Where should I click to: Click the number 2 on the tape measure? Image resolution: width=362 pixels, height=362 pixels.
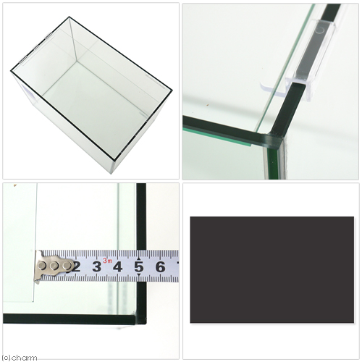(x=77, y=267)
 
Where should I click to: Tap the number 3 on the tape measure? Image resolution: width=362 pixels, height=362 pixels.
(x=97, y=267)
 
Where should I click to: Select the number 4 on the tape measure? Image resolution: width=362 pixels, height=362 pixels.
(x=117, y=267)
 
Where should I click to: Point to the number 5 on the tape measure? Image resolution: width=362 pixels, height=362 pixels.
(x=139, y=267)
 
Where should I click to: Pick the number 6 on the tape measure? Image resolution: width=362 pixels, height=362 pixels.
(x=160, y=267)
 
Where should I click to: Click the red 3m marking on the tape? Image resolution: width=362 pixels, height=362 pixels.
(x=108, y=261)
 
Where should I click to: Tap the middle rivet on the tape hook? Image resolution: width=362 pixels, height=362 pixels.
(x=54, y=266)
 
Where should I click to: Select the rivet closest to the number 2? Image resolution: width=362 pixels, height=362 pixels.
(x=67, y=266)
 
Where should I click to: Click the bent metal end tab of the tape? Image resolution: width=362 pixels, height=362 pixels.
(x=38, y=266)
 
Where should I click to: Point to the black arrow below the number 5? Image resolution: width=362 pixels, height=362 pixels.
(x=139, y=275)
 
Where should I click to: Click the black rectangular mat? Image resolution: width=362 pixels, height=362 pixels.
(x=272, y=270)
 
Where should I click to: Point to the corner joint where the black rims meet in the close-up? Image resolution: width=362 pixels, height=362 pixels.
(x=277, y=138)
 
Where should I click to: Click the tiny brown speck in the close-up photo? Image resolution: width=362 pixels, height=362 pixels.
(x=206, y=105)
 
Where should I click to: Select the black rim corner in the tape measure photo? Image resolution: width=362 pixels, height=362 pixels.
(x=140, y=319)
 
